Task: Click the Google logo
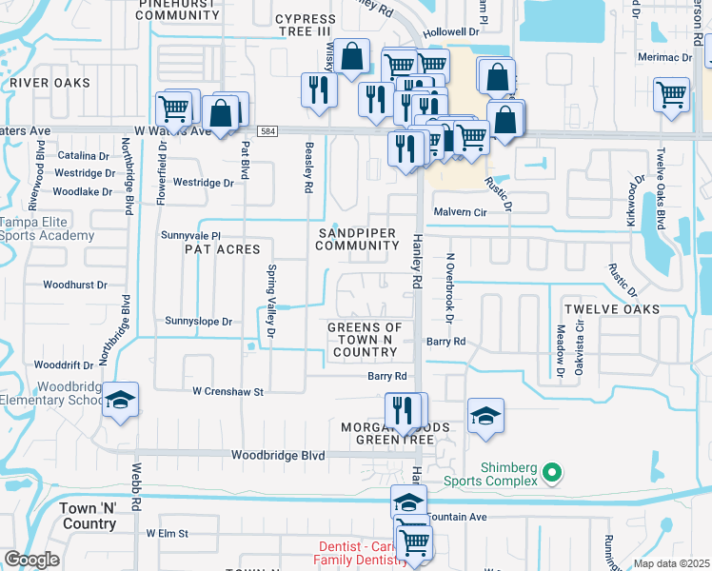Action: click(32, 560)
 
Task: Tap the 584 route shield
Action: click(271, 131)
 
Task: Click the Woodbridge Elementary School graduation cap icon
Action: click(120, 400)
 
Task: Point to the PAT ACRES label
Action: click(224, 249)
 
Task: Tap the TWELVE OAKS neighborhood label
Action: click(610, 310)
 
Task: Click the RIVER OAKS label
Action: click(50, 84)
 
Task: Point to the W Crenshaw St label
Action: click(227, 391)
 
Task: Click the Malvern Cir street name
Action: click(460, 212)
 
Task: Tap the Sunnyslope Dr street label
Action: click(198, 322)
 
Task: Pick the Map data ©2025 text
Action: click(672, 563)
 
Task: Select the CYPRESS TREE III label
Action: click(305, 26)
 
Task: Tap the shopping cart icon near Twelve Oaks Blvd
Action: click(672, 94)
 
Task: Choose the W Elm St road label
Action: click(168, 534)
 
